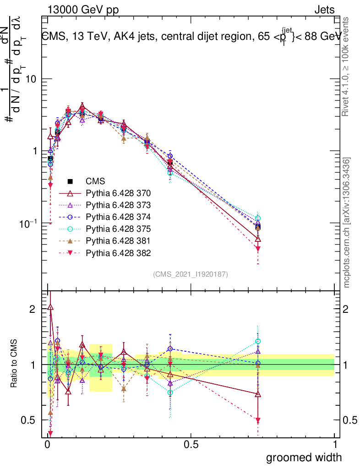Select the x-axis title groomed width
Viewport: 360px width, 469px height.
click(304, 457)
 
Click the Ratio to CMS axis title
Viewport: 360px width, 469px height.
click(15, 364)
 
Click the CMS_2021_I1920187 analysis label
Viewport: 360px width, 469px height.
click(191, 274)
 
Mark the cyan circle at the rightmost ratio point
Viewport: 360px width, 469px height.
click(258, 341)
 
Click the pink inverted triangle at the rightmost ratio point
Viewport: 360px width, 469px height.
click(258, 420)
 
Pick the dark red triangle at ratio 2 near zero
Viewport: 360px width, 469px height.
click(50, 307)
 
